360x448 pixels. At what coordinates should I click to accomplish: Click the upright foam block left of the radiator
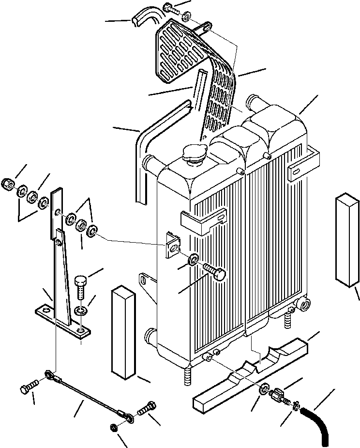[121, 332]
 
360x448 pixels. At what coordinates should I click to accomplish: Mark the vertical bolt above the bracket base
[82, 288]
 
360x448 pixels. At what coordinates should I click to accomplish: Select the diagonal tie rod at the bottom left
[87, 392]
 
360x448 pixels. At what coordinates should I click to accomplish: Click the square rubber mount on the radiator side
[172, 245]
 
